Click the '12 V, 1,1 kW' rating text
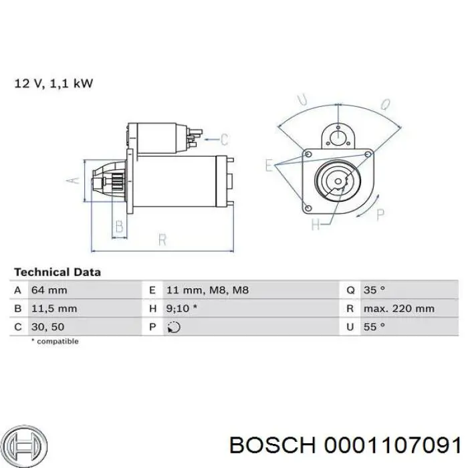pyautogui.click(x=53, y=84)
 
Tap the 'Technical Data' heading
pyautogui.click(x=57, y=272)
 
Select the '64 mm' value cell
pyautogui.click(x=49, y=290)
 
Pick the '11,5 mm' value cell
pyautogui.click(x=54, y=309)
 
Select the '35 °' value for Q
pyautogui.click(x=374, y=290)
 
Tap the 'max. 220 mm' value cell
pyautogui.click(x=399, y=309)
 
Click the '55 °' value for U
pyautogui.click(x=374, y=327)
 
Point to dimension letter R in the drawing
pyautogui.click(x=162, y=238)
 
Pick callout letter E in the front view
pyautogui.click(x=269, y=164)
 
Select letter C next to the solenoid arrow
pyautogui.click(x=225, y=139)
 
